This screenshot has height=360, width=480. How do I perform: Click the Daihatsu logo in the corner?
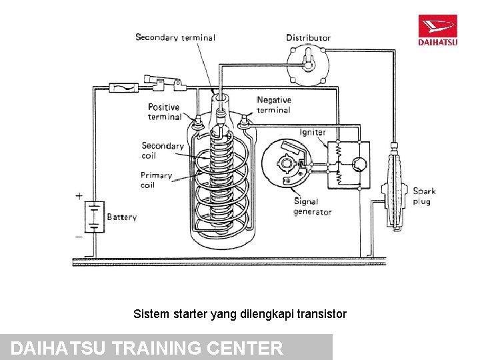[437, 31]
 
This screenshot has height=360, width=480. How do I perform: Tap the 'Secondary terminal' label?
[175, 37]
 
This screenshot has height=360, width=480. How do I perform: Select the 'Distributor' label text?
[308, 37]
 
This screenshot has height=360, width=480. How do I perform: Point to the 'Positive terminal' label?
[164, 112]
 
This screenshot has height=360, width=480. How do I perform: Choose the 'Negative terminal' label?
[273, 105]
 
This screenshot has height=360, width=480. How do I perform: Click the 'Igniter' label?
[313, 132]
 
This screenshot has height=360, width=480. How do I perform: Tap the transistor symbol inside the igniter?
[359, 165]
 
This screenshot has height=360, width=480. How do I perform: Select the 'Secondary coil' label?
[162, 150]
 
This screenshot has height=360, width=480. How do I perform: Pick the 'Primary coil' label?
[156, 180]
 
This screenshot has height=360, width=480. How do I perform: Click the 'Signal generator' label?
[312, 207]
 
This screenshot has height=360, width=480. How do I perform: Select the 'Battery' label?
[121, 217]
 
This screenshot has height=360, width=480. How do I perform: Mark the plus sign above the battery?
[79, 196]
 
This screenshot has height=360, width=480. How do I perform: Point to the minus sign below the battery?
[79, 236]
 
